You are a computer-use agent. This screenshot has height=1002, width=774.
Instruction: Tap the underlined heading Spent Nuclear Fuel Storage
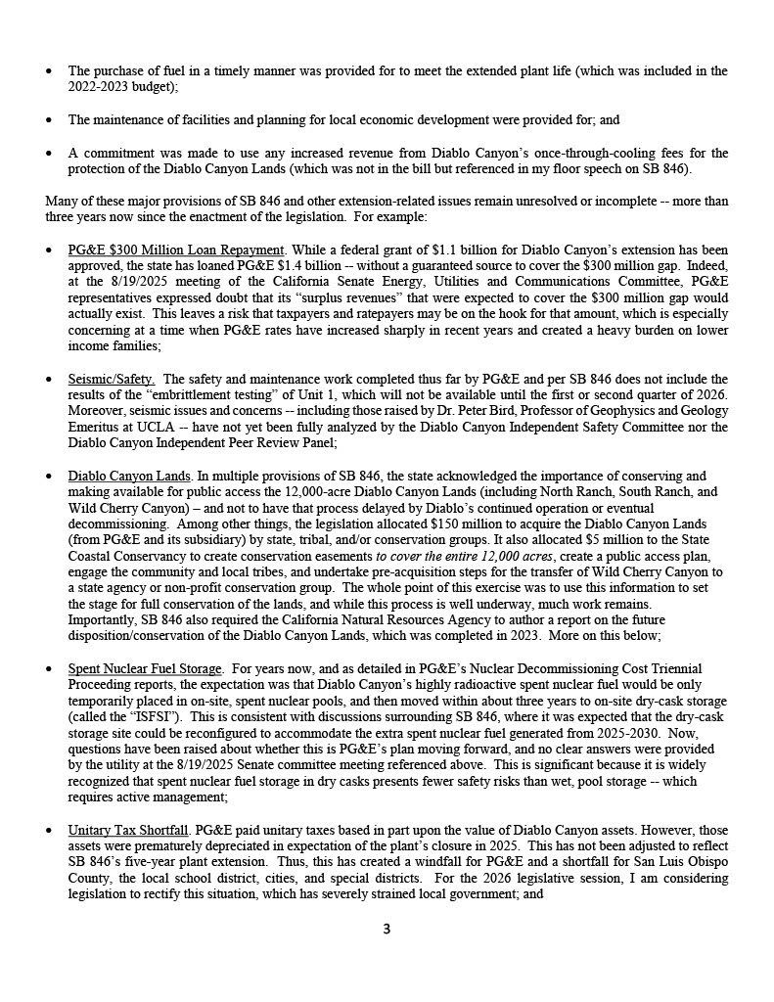[x=145, y=668]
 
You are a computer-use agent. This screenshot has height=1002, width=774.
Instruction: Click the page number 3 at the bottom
[x=387, y=929]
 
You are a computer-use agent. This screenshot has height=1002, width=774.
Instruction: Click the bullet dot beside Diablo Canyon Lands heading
[x=50, y=477]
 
